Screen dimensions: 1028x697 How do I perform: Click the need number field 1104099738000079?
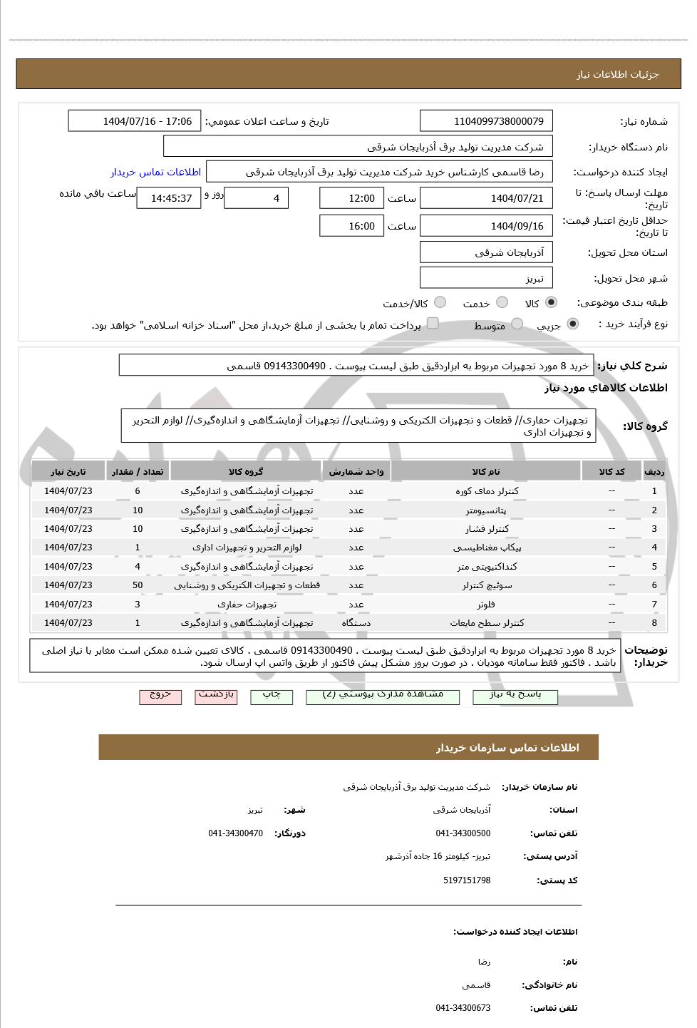click(486, 121)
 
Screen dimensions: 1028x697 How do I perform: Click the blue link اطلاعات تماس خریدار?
click(155, 172)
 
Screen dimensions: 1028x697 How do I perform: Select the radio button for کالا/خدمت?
click(440, 302)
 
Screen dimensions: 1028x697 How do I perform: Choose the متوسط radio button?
click(517, 324)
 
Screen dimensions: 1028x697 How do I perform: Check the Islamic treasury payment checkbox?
click(432, 324)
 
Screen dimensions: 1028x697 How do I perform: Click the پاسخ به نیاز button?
click(515, 696)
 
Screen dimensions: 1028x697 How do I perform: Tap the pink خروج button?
click(160, 696)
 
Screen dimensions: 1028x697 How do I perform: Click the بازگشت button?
click(216, 696)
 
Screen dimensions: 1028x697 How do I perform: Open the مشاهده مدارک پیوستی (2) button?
click(383, 696)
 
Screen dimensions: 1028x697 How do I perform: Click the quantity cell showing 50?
click(138, 585)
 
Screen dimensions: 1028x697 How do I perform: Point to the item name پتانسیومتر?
click(486, 510)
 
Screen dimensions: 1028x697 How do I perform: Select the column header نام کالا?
click(486, 472)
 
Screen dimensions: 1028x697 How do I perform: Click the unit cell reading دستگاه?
click(356, 623)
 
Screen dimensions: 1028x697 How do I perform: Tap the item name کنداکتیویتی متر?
click(486, 567)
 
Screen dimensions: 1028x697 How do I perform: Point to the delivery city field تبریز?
click(486, 278)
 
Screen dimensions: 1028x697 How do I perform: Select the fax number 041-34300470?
click(235, 833)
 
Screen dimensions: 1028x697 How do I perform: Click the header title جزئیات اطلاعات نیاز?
click(617, 75)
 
